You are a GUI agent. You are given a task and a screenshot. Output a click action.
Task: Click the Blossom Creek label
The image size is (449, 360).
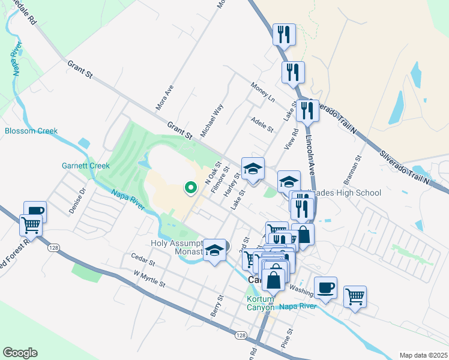[31, 131]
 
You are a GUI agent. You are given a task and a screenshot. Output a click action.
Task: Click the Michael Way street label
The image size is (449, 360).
[212, 120]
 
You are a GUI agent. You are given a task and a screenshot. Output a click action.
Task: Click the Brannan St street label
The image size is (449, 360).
[354, 171]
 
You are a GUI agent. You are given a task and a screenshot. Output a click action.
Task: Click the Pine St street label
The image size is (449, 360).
[286, 339]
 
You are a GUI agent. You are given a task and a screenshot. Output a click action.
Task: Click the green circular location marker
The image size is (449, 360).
[191, 188]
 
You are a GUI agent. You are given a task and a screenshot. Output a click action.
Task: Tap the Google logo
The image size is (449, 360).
[20, 353]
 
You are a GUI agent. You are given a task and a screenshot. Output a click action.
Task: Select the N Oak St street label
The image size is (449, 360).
[213, 173]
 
